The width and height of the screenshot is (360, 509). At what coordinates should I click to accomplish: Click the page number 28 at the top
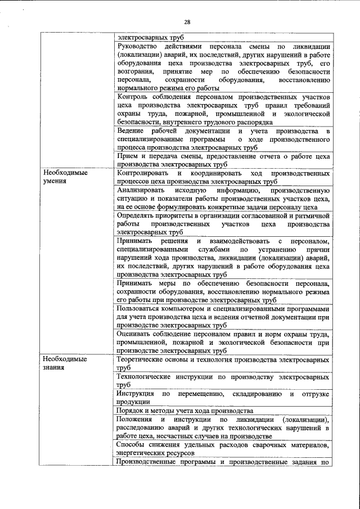point(187,22)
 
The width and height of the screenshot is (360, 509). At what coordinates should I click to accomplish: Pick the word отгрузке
point(314,394)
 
